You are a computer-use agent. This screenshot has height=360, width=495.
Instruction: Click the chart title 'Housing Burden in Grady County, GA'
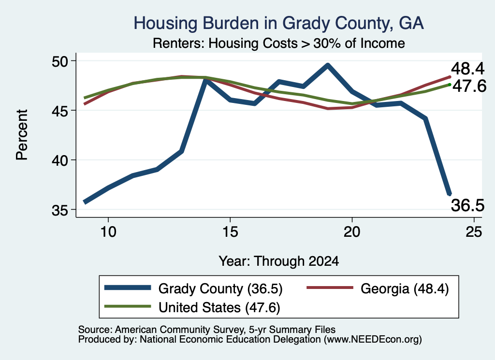(278, 23)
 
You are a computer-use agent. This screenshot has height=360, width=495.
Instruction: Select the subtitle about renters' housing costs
(279, 43)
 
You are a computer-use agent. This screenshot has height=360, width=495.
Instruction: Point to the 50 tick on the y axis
(60, 61)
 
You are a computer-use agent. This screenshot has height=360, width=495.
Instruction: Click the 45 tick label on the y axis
(60, 111)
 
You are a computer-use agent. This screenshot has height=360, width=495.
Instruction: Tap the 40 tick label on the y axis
(60, 160)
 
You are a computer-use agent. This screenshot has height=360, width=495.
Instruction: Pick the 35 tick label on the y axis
(60, 210)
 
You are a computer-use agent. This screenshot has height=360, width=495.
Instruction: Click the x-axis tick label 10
(108, 232)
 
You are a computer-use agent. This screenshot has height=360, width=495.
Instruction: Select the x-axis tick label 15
(230, 232)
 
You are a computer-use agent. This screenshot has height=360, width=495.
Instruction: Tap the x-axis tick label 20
(352, 232)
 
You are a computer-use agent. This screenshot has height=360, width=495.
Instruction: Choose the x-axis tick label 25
(474, 232)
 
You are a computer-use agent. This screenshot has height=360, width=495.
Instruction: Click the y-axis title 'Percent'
(22, 135)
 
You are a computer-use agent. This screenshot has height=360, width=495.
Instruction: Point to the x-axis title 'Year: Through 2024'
(279, 261)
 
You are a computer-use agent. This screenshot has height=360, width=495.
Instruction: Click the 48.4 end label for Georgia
(467, 68)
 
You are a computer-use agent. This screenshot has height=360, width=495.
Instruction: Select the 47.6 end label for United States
(469, 86)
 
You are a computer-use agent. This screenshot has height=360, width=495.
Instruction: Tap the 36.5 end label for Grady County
(467, 205)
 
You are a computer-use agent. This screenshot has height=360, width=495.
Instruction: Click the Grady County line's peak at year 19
(328, 65)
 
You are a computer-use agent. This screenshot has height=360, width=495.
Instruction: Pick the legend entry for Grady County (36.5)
(193, 288)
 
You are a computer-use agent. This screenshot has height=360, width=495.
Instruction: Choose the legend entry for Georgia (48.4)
(378, 288)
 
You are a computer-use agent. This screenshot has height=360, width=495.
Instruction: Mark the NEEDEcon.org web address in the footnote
(373, 339)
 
